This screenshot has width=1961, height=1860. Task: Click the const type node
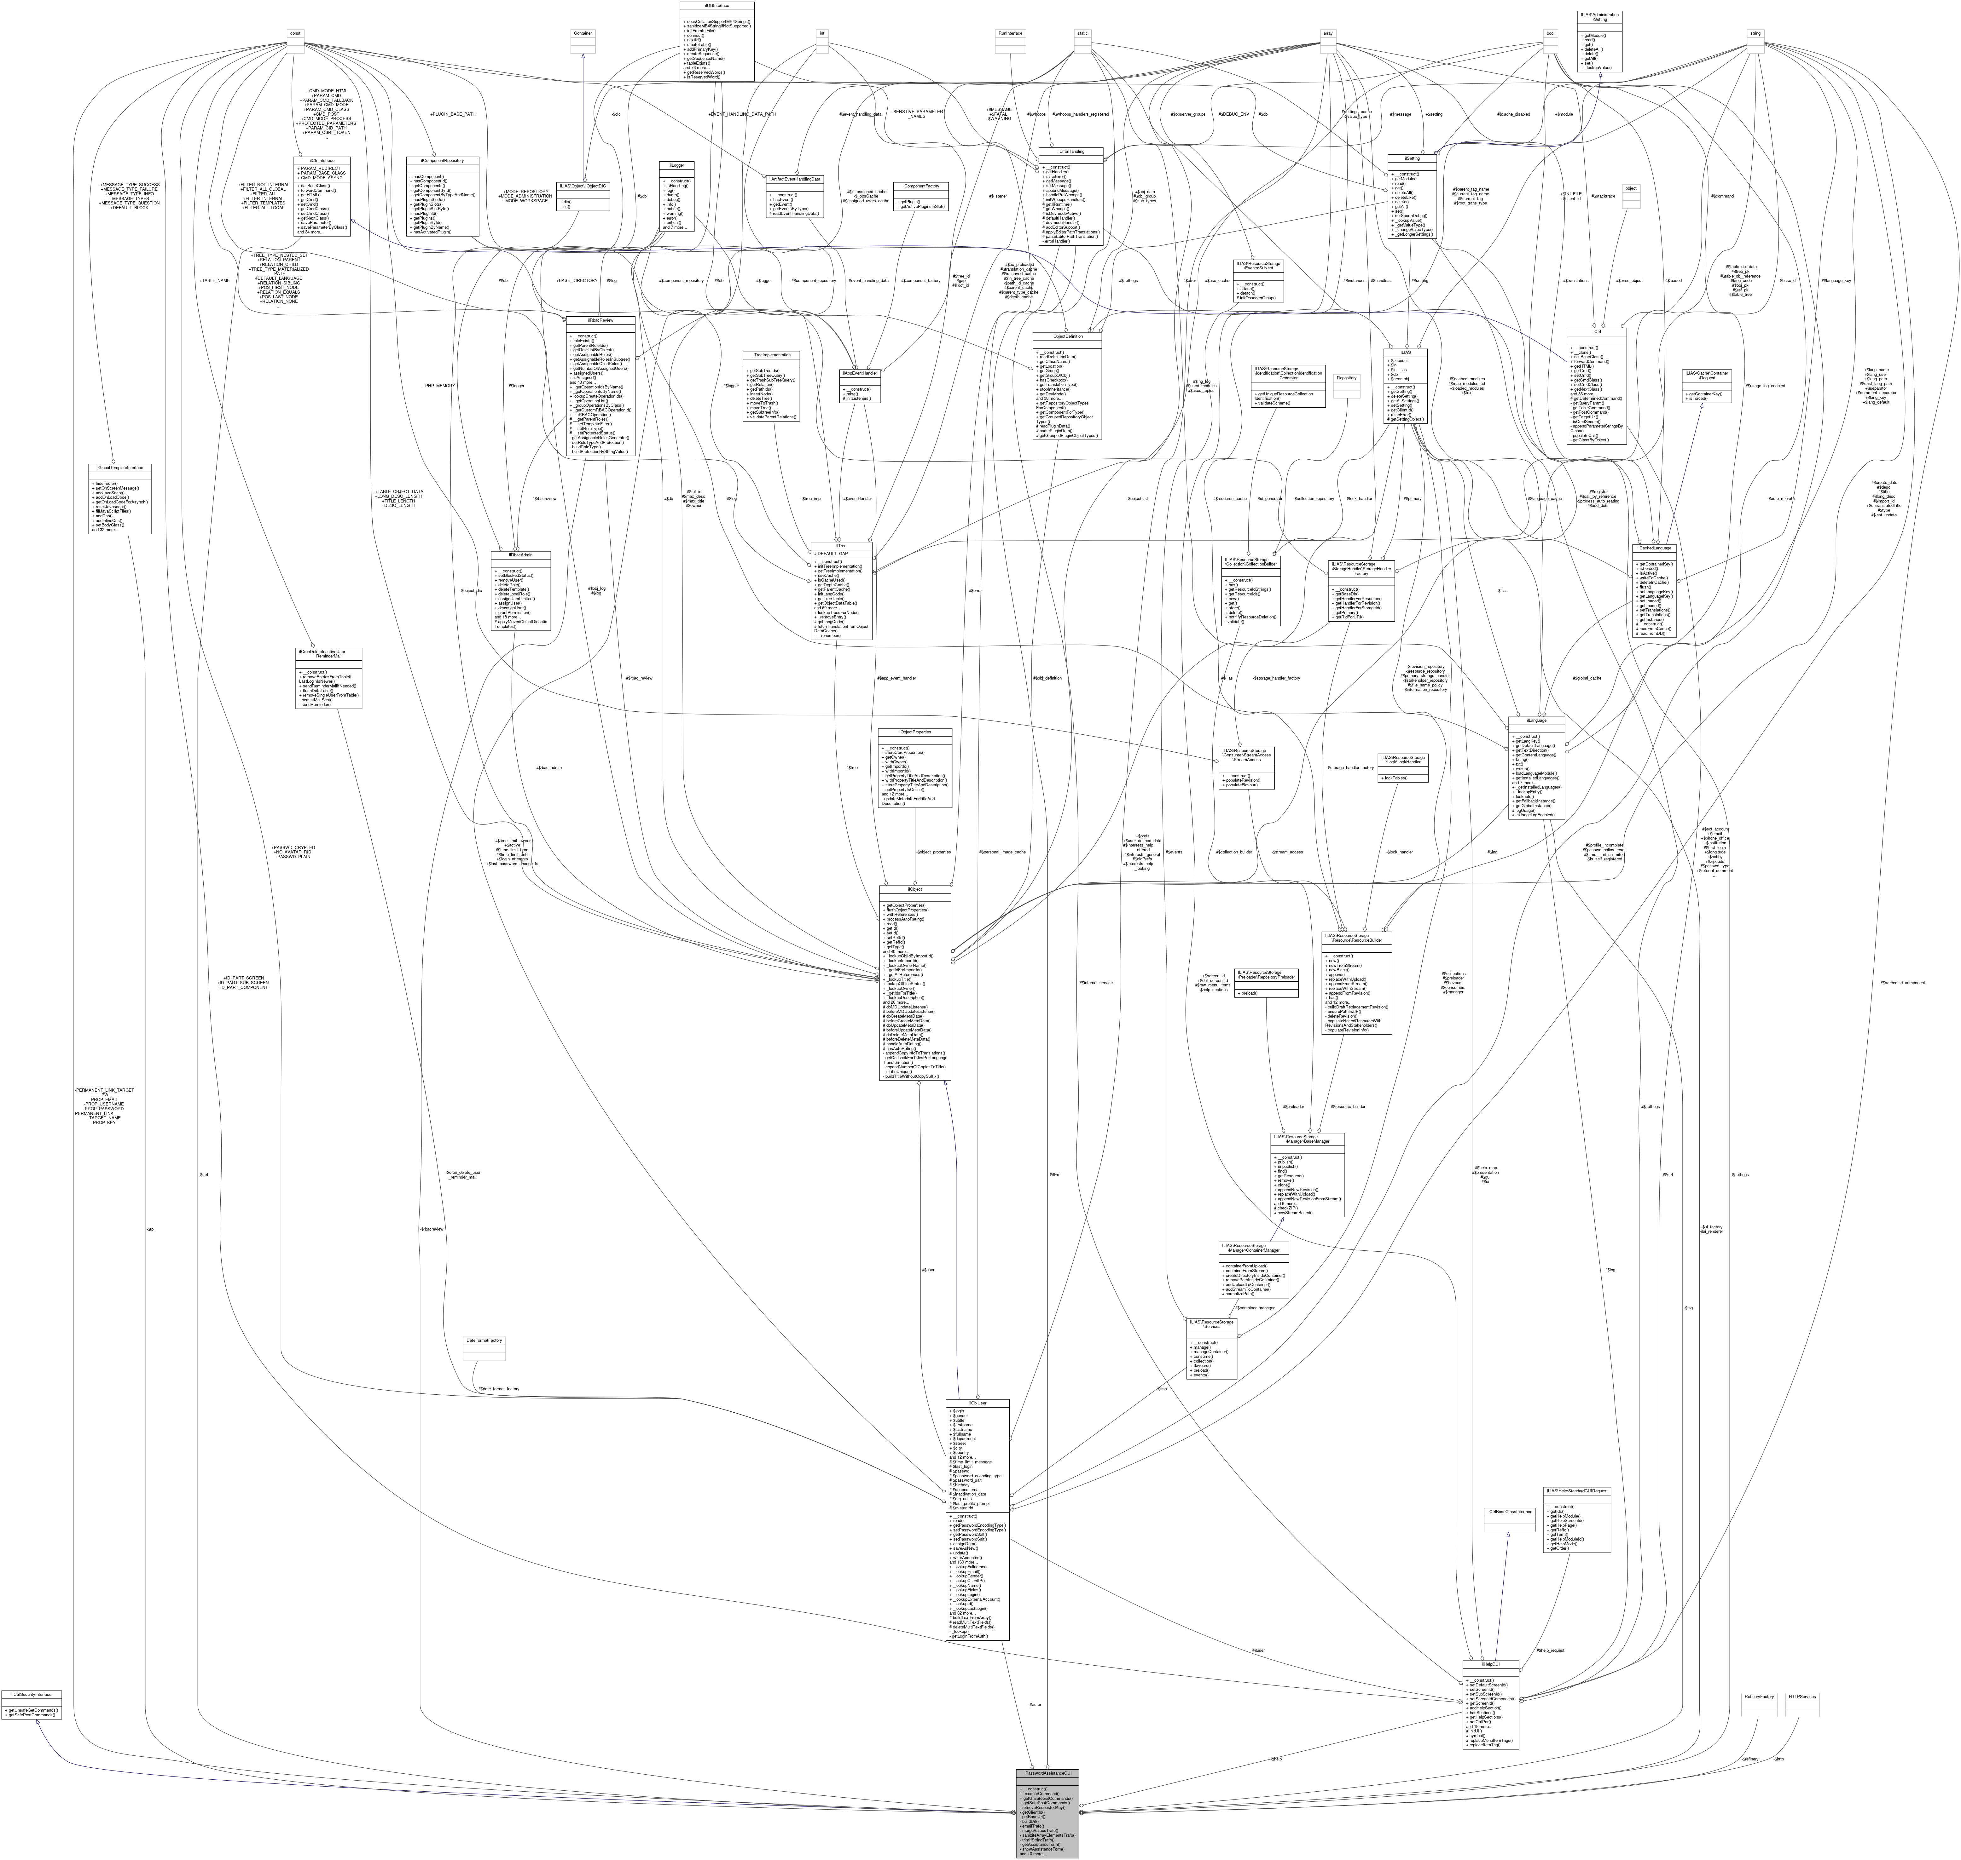pyautogui.click(x=295, y=33)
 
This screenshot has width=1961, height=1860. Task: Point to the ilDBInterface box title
pyautogui.click(x=717, y=5)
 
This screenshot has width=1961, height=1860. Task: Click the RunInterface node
pyautogui.click(x=1010, y=33)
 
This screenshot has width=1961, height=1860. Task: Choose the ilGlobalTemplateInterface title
pyautogui.click(x=120, y=467)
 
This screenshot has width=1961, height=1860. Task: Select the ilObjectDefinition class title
pyautogui.click(x=1066, y=336)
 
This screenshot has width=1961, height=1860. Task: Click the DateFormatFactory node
pyautogui.click(x=484, y=1340)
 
